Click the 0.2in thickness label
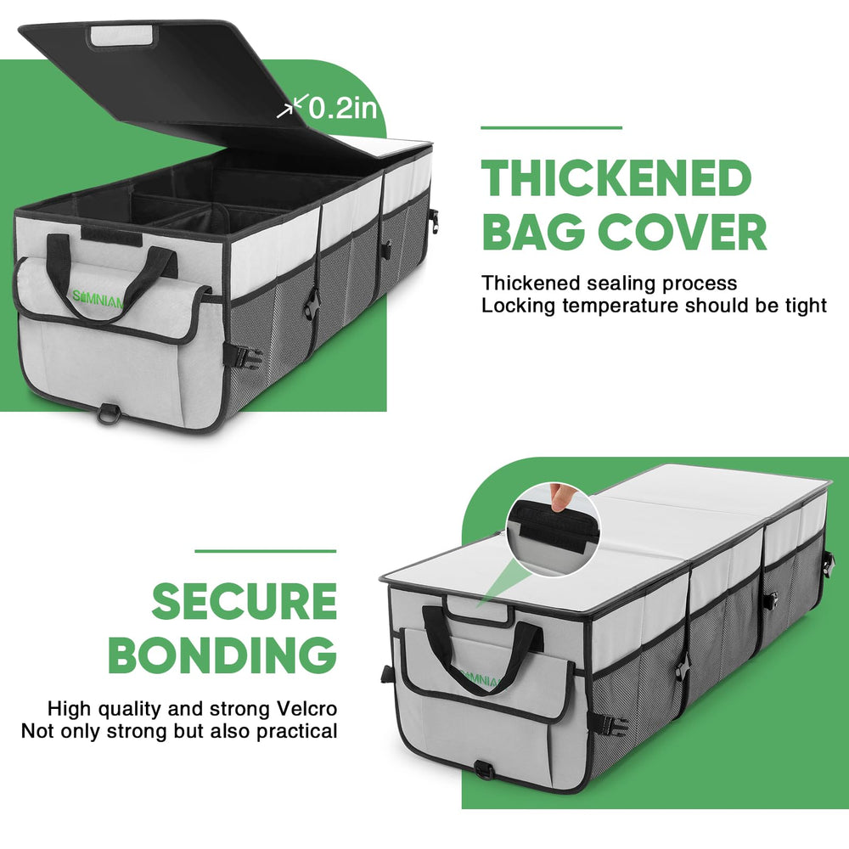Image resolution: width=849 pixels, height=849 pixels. (x=343, y=108)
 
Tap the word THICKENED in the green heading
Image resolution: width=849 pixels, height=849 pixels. (x=616, y=178)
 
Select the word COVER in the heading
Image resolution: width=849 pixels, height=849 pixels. (x=683, y=231)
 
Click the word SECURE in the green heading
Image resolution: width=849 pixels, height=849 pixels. (x=245, y=601)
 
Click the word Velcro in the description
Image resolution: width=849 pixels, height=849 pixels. (x=306, y=708)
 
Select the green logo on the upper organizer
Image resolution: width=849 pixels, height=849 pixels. (x=98, y=298)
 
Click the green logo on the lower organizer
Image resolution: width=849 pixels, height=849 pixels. (x=480, y=678)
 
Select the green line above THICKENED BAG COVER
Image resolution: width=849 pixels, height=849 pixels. (x=551, y=128)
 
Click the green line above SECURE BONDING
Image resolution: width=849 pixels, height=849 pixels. (x=265, y=551)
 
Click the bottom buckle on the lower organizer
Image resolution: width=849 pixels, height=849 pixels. (x=485, y=769)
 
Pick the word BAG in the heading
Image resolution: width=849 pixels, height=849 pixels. (x=533, y=231)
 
